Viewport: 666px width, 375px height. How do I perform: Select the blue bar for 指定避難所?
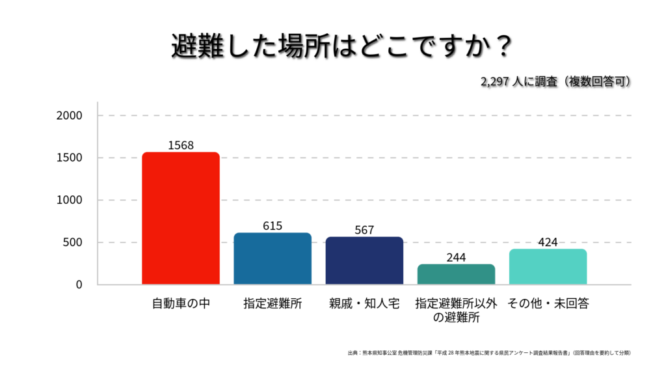pyautogui.click(x=273, y=258)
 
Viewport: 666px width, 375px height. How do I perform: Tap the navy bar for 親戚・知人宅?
pyautogui.click(x=364, y=260)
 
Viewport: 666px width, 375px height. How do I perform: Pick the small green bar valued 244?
pyautogui.click(x=456, y=274)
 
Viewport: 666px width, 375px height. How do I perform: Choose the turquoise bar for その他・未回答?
pyautogui.click(x=548, y=266)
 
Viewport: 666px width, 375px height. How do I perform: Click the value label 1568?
pyautogui.click(x=181, y=145)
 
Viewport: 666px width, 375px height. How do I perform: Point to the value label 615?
pyautogui.click(x=273, y=226)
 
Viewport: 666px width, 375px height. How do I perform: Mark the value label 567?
pyautogui.click(x=364, y=230)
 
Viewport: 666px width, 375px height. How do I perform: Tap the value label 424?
pyautogui.click(x=548, y=242)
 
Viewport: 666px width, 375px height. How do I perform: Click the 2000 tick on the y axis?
pyautogui.click(x=70, y=116)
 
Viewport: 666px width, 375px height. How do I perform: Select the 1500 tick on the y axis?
pyautogui.click(x=70, y=158)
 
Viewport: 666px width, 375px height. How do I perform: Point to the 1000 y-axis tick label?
pyautogui.click(x=70, y=201)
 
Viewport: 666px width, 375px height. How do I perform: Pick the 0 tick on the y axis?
pyautogui.click(x=79, y=285)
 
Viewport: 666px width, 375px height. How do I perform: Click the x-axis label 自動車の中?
pyautogui.click(x=181, y=303)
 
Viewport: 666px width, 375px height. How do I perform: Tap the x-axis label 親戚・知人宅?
pyautogui.click(x=364, y=303)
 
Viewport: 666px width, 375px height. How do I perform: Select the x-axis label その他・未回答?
pyautogui.click(x=548, y=303)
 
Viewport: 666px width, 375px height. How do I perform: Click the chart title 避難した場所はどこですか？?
pyautogui.click(x=333, y=47)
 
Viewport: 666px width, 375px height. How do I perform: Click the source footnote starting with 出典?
pyautogui.click(x=489, y=353)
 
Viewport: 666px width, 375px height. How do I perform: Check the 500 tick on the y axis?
pyautogui.click(x=73, y=243)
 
